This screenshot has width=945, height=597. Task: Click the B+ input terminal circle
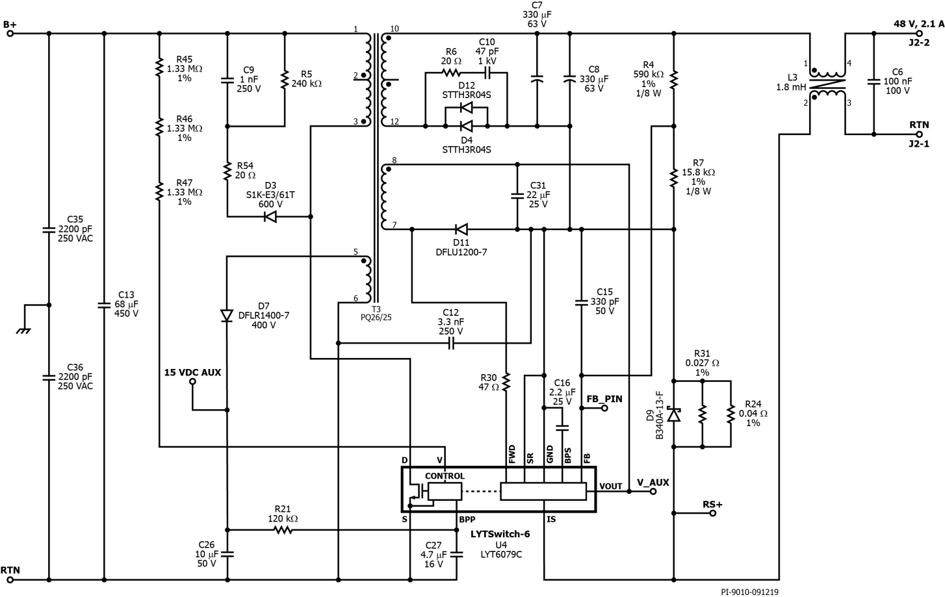tap(10, 33)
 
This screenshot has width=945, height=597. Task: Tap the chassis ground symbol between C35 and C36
tap(25, 328)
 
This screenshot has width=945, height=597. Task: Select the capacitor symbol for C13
tap(104, 304)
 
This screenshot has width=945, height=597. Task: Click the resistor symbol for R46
tap(159, 128)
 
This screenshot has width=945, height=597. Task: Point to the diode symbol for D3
tap(271, 217)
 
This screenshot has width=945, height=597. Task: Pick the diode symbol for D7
tap(227, 316)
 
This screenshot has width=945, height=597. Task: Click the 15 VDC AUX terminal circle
tap(192, 382)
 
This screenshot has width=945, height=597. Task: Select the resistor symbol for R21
tap(283, 530)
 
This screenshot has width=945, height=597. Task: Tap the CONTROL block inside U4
tap(445, 491)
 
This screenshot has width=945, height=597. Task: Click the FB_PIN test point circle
tap(604, 409)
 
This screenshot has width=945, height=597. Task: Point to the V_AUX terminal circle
tap(653, 491)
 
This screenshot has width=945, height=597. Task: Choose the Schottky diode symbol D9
tap(674, 414)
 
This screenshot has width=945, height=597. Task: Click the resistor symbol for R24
tap(731, 414)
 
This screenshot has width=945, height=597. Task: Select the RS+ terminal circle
tap(712, 513)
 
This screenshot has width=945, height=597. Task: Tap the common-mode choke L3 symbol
tap(827, 83)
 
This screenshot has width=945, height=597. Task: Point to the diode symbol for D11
tap(461, 229)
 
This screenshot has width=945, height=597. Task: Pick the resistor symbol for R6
tap(451, 73)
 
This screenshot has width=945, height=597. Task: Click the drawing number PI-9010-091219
tap(749, 592)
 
